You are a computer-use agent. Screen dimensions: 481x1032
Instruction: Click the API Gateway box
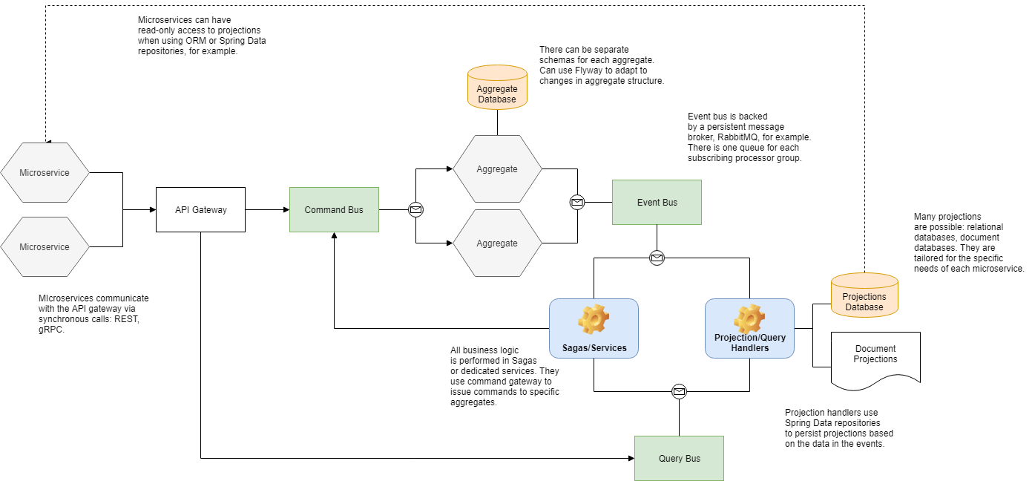pos(200,210)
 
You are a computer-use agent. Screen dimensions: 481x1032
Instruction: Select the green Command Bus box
pos(334,210)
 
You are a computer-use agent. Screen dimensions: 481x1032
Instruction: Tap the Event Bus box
pos(657,202)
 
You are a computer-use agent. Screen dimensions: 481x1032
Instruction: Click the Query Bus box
pos(679,458)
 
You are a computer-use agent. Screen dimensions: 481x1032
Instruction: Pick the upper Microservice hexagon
pos(45,173)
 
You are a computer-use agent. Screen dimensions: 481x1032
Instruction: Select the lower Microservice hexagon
pos(45,247)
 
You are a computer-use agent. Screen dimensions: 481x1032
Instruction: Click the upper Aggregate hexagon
pos(497,169)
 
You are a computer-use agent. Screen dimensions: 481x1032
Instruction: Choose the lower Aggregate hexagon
pos(497,243)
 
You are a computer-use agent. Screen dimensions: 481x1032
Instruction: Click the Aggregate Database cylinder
pos(497,88)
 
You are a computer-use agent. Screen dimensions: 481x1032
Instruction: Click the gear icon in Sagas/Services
pos(594,319)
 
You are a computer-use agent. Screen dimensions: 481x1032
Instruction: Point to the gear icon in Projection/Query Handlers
pos(749,319)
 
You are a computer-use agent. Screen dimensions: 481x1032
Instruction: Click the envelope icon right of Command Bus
pos(416,210)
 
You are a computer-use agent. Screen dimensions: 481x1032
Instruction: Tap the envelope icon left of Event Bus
pos(577,202)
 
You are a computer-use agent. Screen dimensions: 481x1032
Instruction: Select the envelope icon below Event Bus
pos(657,258)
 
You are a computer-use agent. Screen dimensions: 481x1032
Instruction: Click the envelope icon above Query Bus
pos(679,391)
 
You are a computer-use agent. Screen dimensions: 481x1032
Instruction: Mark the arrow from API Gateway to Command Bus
pos(267,210)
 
